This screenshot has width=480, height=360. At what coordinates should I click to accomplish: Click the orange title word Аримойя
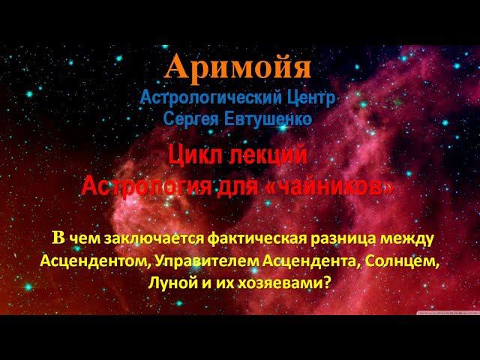tap(238, 68)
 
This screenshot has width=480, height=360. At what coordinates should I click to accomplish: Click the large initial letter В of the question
tap(58, 238)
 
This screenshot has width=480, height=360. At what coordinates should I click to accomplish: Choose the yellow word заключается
tap(141, 239)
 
